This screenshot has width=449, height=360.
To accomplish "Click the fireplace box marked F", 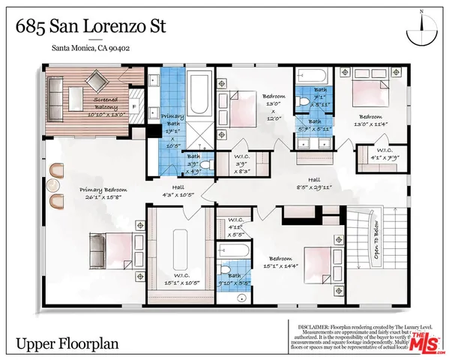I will coord(134,106).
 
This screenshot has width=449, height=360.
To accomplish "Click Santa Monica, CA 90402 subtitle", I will coord(94,50).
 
